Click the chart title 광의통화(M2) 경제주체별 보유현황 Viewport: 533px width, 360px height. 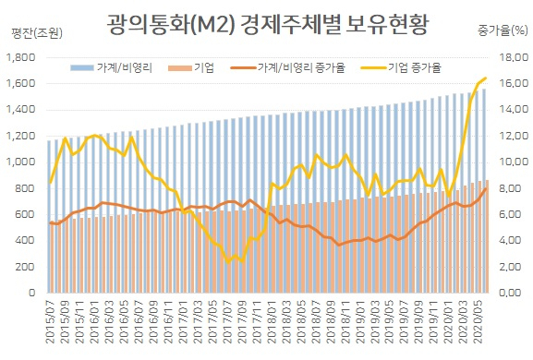[268, 24]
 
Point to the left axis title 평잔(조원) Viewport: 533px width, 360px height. [37, 33]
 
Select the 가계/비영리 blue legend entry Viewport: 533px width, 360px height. [111, 67]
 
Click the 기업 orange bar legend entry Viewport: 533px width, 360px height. [191, 67]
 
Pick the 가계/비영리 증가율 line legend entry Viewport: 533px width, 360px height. [288, 67]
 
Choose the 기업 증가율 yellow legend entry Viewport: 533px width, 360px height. [401, 67]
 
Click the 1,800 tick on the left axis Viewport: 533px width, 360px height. [20, 57]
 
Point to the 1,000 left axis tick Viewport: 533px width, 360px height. [20, 162]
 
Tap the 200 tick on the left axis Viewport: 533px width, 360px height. [25, 267]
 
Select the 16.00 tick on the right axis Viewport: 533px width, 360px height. [514, 83]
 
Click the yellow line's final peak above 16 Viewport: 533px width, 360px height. [485, 78]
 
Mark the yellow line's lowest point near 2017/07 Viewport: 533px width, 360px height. [228, 261]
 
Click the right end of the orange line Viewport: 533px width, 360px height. [485, 189]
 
